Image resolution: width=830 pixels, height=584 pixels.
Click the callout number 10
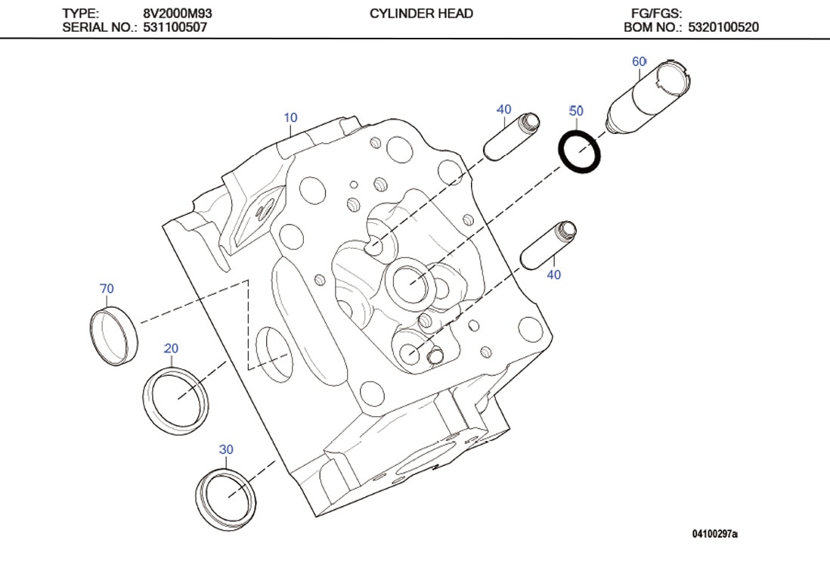[290, 118]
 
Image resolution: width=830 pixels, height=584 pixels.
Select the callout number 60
[639, 61]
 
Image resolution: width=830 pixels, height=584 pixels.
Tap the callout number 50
[576, 111]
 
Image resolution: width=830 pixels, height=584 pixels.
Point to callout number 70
[107, 288]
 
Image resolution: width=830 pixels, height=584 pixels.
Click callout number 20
[172, 348]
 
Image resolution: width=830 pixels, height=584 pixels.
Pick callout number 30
[226, 449]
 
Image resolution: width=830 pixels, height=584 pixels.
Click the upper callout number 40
[504, 110]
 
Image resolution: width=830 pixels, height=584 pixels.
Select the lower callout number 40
[553, 275]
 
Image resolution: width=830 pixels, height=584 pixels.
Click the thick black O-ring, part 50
[581, 152]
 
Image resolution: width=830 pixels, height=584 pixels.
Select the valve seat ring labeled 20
[175, 401]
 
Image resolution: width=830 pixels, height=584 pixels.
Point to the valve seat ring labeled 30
[226, 498]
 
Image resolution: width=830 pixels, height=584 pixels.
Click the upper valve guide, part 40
[510, 137]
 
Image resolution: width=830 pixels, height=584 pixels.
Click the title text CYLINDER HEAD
[421, 14]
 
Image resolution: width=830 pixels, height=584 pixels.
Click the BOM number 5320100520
[723, 27]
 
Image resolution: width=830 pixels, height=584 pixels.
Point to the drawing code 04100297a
[714, 534]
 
